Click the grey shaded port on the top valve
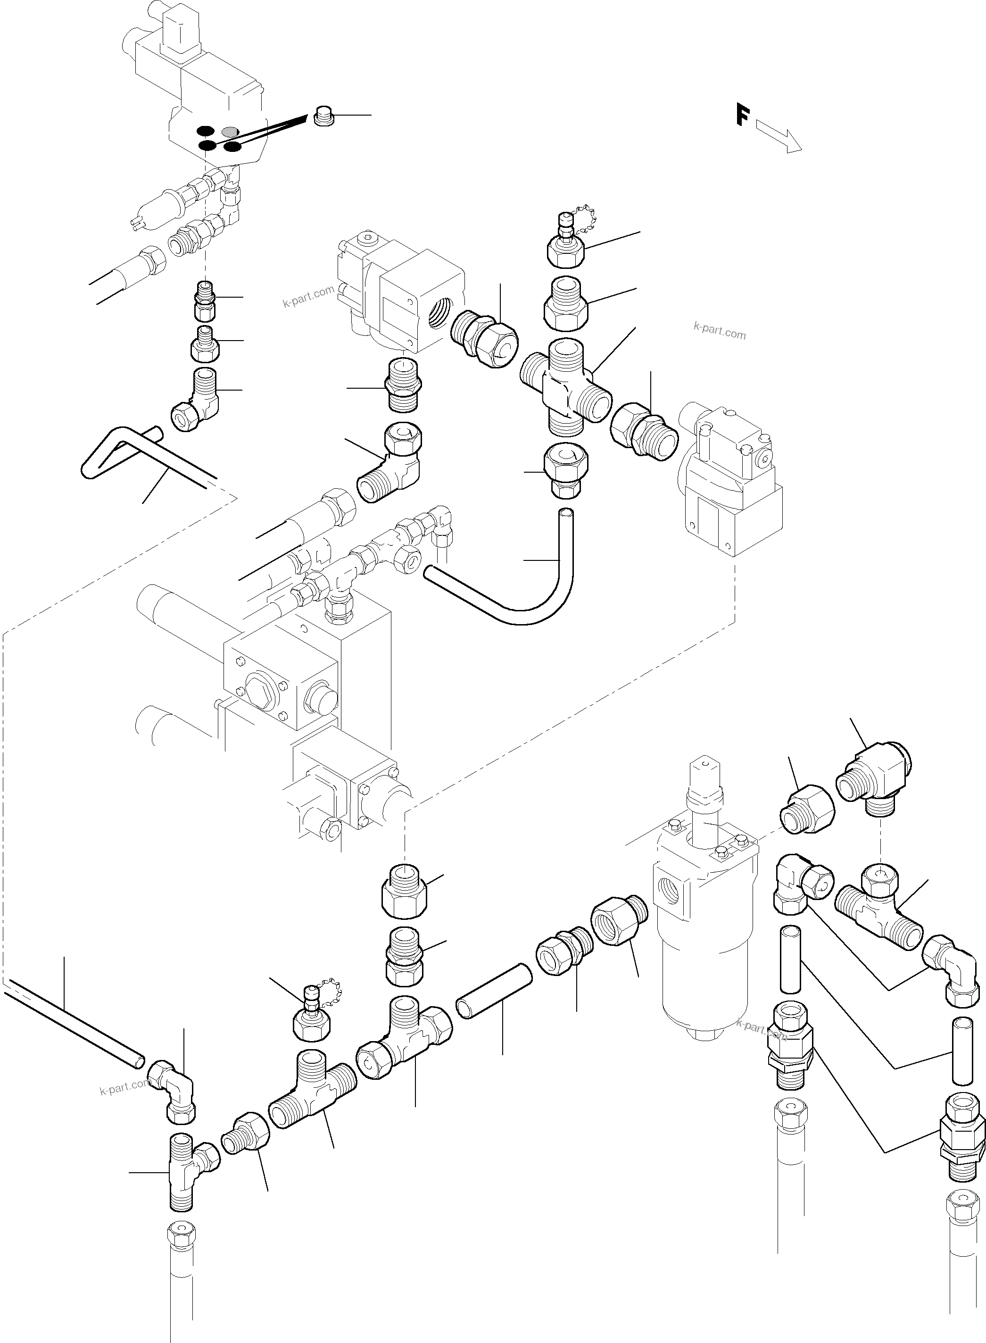pyautogui.click(x=230, y=131)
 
